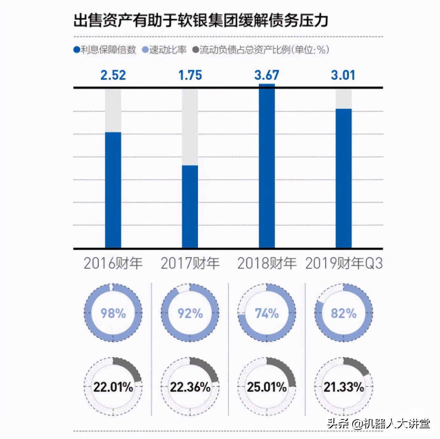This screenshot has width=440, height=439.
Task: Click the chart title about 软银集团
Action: [201, 20]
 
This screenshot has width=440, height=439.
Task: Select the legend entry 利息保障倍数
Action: [105, 50]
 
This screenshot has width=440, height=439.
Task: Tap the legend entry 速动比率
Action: [164, 50]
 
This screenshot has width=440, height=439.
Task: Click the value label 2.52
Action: [113, 75]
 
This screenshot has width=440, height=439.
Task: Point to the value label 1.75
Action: [190, 75]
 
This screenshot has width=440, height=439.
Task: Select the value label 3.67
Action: [266, 75]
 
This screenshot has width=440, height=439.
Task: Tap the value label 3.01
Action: [343, 75]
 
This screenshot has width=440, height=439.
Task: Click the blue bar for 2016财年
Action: [113, 190]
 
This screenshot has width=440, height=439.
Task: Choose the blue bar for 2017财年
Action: [190, 206]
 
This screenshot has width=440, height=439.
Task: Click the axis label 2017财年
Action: [190, 264]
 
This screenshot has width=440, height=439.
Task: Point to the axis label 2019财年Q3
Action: [344, 264]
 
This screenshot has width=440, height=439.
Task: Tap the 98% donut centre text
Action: [113, 313]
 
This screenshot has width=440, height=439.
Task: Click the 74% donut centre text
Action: [267, 313]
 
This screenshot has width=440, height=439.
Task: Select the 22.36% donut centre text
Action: [190, 387]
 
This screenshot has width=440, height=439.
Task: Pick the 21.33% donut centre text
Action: [344, 387]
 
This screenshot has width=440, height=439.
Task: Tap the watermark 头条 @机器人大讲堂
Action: [378, 423]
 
